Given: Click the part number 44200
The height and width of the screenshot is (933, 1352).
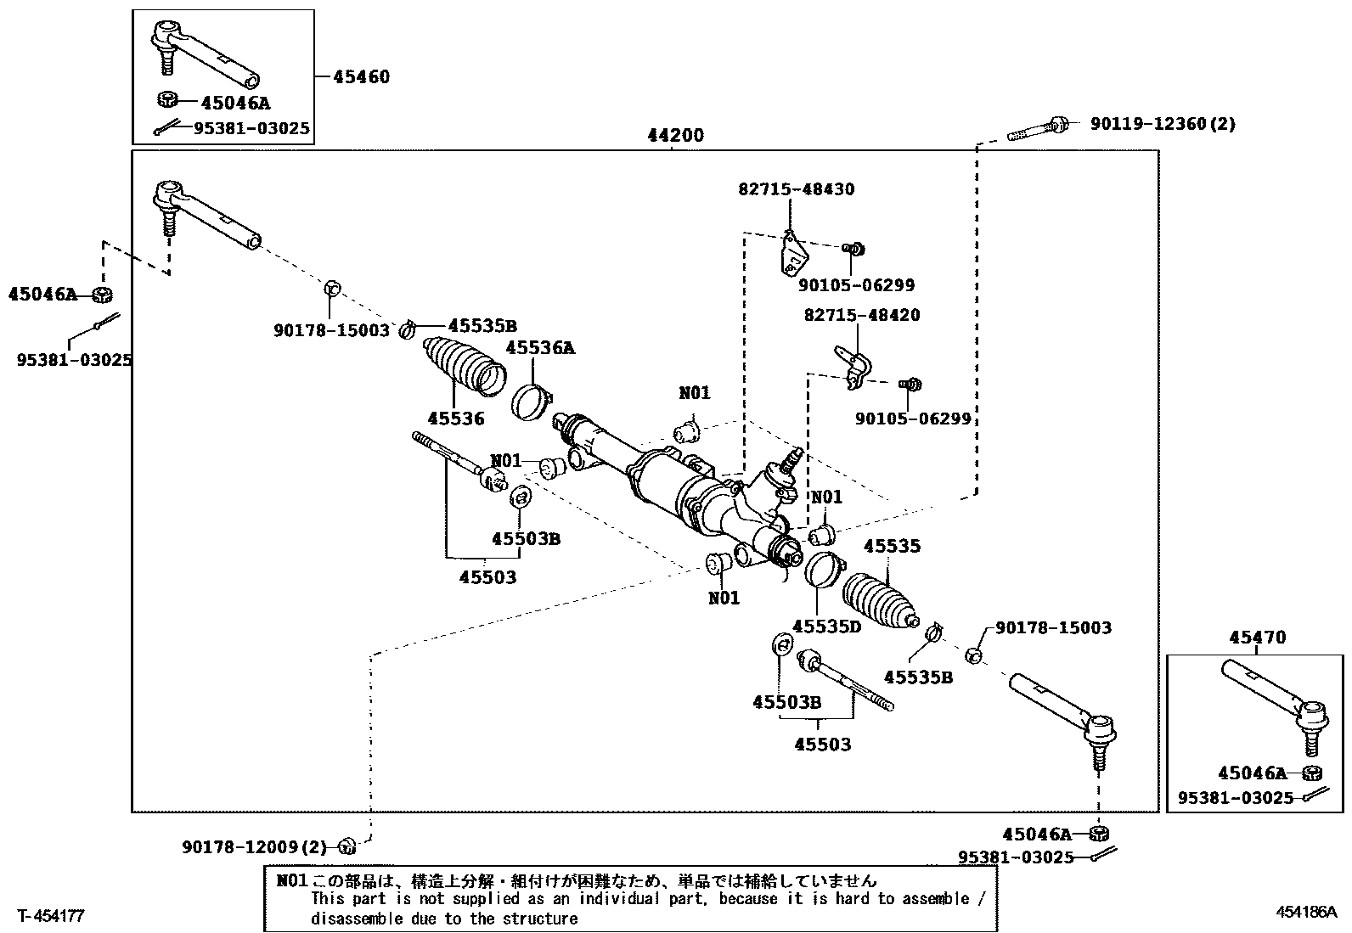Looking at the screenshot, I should tap(675, 136).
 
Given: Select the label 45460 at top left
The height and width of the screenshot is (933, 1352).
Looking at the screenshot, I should tap(361, 77).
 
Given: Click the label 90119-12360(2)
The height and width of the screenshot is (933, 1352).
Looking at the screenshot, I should tap(1163, 124).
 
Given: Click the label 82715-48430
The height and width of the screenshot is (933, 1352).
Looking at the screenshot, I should tap(796, 189).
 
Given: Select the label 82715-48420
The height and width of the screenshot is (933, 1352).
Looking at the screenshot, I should tap(861, 315).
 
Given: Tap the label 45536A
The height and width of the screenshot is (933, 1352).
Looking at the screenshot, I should tap(540, 347).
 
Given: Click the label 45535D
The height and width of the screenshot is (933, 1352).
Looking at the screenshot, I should tap(826, 627).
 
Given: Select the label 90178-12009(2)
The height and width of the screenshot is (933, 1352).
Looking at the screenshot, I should tap(254, 847).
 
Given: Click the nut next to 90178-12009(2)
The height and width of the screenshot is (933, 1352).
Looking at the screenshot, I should tap(346, 846).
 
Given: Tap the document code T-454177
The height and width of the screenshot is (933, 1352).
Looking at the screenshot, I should tap(52, 915).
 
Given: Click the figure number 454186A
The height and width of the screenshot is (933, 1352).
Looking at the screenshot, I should tap(1306, 913).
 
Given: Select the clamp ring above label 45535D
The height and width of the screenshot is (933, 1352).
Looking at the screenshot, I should tap(820, 568).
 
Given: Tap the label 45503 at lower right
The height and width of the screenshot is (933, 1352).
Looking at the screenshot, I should tap(822, 745).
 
